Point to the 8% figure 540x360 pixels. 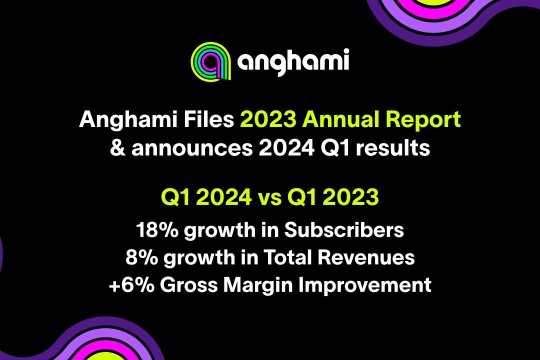click(x=142, y=258)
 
